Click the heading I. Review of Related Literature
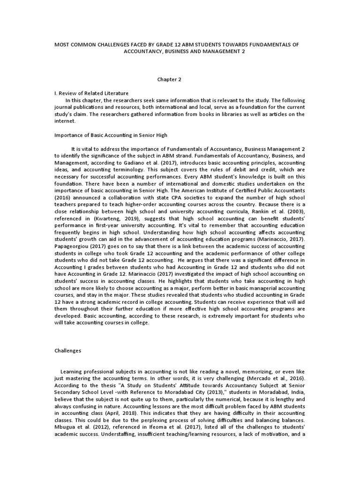click(x=91, y=93)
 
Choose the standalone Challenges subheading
click(x=68, y=350)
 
